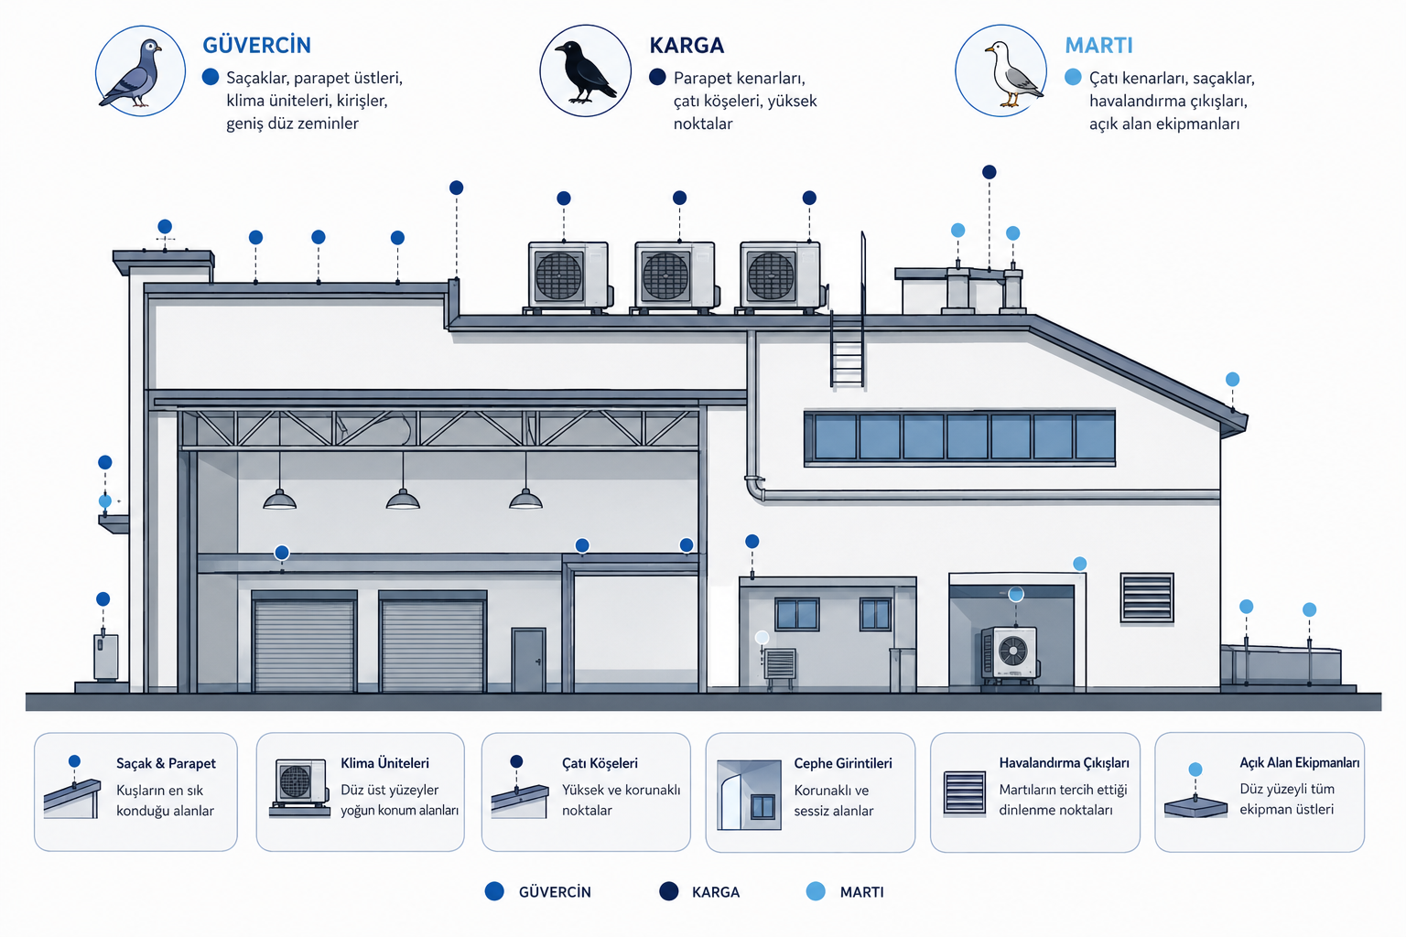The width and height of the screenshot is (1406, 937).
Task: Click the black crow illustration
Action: (x=584, y=71)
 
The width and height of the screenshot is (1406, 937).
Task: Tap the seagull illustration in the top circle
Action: (x=1011, y=74)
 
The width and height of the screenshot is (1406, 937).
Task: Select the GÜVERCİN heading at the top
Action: (x=256, y=45)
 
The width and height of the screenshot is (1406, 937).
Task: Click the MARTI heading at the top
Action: (x=1098, y=45)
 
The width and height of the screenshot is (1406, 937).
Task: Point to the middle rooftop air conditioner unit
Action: (x=675, y=276)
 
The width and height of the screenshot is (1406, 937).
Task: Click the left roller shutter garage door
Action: (x=305, y=644)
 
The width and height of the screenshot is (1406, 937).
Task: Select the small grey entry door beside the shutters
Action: (x=528, y=660)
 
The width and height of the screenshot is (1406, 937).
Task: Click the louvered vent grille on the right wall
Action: (x=1147, y=598)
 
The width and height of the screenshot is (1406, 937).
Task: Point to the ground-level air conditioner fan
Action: (x=1012, y=651)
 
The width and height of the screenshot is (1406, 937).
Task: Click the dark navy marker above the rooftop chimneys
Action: (x=990, y=172)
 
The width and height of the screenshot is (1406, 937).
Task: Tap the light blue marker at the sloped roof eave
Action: (x=1233, y=379)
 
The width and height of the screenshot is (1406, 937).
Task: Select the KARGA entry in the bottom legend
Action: (x=700, y=892)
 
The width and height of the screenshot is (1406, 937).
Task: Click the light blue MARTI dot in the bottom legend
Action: (x=816, y=891)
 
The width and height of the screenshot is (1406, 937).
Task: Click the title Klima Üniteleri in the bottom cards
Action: (x=384, y=763)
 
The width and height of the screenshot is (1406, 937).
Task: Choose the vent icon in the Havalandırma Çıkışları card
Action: (x=965, y=793)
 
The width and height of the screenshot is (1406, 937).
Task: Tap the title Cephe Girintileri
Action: (x=843, y=763)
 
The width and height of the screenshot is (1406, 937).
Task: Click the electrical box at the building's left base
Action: (x=105, y=657)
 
